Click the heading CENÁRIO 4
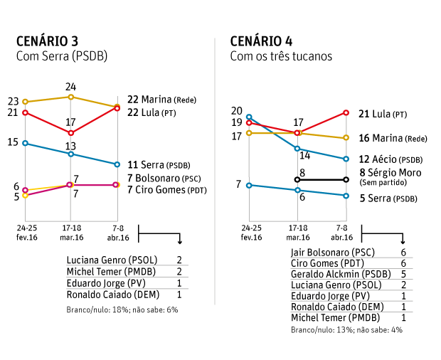point(261,41)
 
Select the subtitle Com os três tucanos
point(280,55)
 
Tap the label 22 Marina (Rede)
point(161,99)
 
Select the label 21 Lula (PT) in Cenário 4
point(383,113)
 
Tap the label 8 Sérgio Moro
point(390,173)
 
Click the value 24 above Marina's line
point(70,87)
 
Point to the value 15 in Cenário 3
point(12,142)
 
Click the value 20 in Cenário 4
point(237,110)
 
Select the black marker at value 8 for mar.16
point(297,179)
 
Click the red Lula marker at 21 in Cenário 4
point(346,112)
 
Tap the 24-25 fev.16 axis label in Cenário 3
point(26,232)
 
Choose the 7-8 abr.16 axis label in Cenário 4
point(343,232)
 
